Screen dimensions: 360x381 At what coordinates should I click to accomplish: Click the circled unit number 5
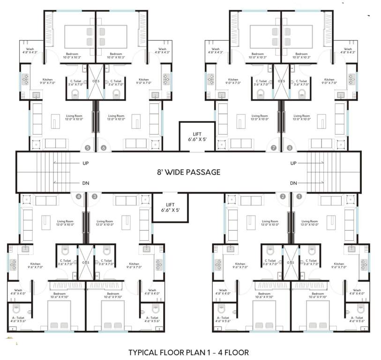tap(87, 148)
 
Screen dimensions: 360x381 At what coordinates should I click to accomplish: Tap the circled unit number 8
tap(290, 148)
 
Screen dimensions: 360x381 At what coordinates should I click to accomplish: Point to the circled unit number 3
tap(95, 196)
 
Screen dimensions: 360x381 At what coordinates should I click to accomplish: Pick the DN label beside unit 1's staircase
tap(294, 183)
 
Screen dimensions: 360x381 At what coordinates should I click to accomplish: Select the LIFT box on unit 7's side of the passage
tap(197, 136)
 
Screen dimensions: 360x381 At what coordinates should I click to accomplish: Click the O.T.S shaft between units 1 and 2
tap(291, 262)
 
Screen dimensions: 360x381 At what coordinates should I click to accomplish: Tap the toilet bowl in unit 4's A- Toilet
tap(16, 309)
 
